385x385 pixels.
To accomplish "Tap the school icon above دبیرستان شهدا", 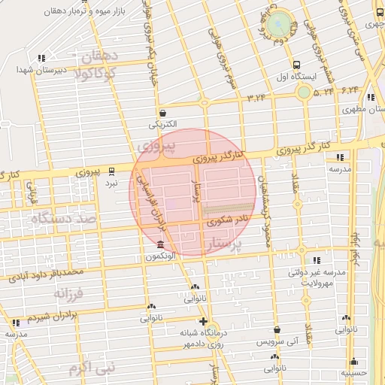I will click(42, 58).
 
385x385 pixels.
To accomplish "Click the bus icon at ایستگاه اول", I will click(297, 65).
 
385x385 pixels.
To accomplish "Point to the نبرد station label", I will click(111, 183).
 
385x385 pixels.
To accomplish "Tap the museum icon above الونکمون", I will click(162, 245).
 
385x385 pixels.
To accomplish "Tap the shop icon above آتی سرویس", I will click(278, 329).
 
